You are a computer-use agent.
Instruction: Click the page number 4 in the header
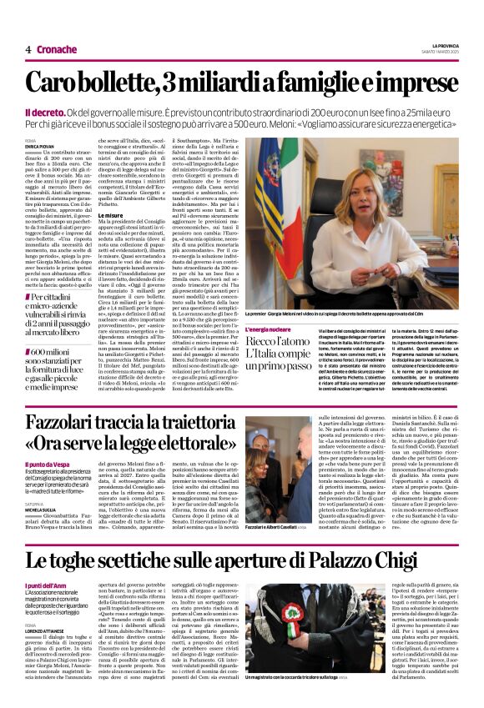(x=28, y=49)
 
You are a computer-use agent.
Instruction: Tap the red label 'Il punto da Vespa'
(x=70, y=464)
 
